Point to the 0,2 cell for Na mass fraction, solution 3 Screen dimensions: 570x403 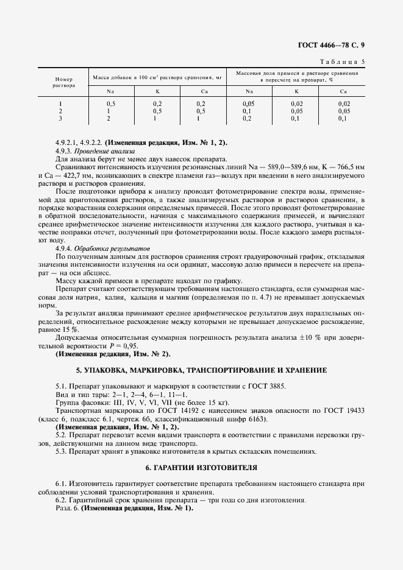point(247,119)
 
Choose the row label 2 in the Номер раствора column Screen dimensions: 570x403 point(60,111)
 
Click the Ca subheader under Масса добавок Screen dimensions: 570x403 point(201,91)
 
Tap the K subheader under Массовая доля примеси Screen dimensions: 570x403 point(296,91)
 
